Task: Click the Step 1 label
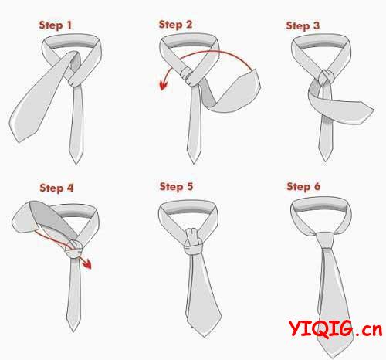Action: pyautogui.click(x=56, y=25)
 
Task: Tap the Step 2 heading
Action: pyautogui.click(x=175, y=25)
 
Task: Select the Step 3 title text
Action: pyautogui.click(x=303, y=26)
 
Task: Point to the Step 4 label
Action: pyautogui.click(x=56, y=188)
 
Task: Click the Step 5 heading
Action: pyautogui.click(x=176, y=187)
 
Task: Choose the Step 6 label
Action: pyautogui.click(x=303, y=187)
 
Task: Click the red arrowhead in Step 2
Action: pyautogui.click(x=164, y=85)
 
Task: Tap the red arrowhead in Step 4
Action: pyautogui.click(x=87, y=264)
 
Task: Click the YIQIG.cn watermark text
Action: pyautogui.click(x=335, y=328)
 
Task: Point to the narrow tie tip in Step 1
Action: pyautogui.click(x=76, y=163)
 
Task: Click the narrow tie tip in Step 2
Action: pyautogui.click(x=194, y=163)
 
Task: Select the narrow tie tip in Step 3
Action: pyautogui.click(x=326, y=161)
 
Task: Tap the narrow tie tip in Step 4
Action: pyautogui.click(x=73, y=331)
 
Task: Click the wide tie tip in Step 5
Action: pyautogui.click(x=204, y=337)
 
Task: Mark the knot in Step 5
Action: pyautogui.click(x=193, y=242)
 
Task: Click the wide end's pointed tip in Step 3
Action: pyautogui.click(x=374, y=110)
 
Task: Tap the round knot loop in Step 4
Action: pyautogui.click(x=73, y=250)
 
